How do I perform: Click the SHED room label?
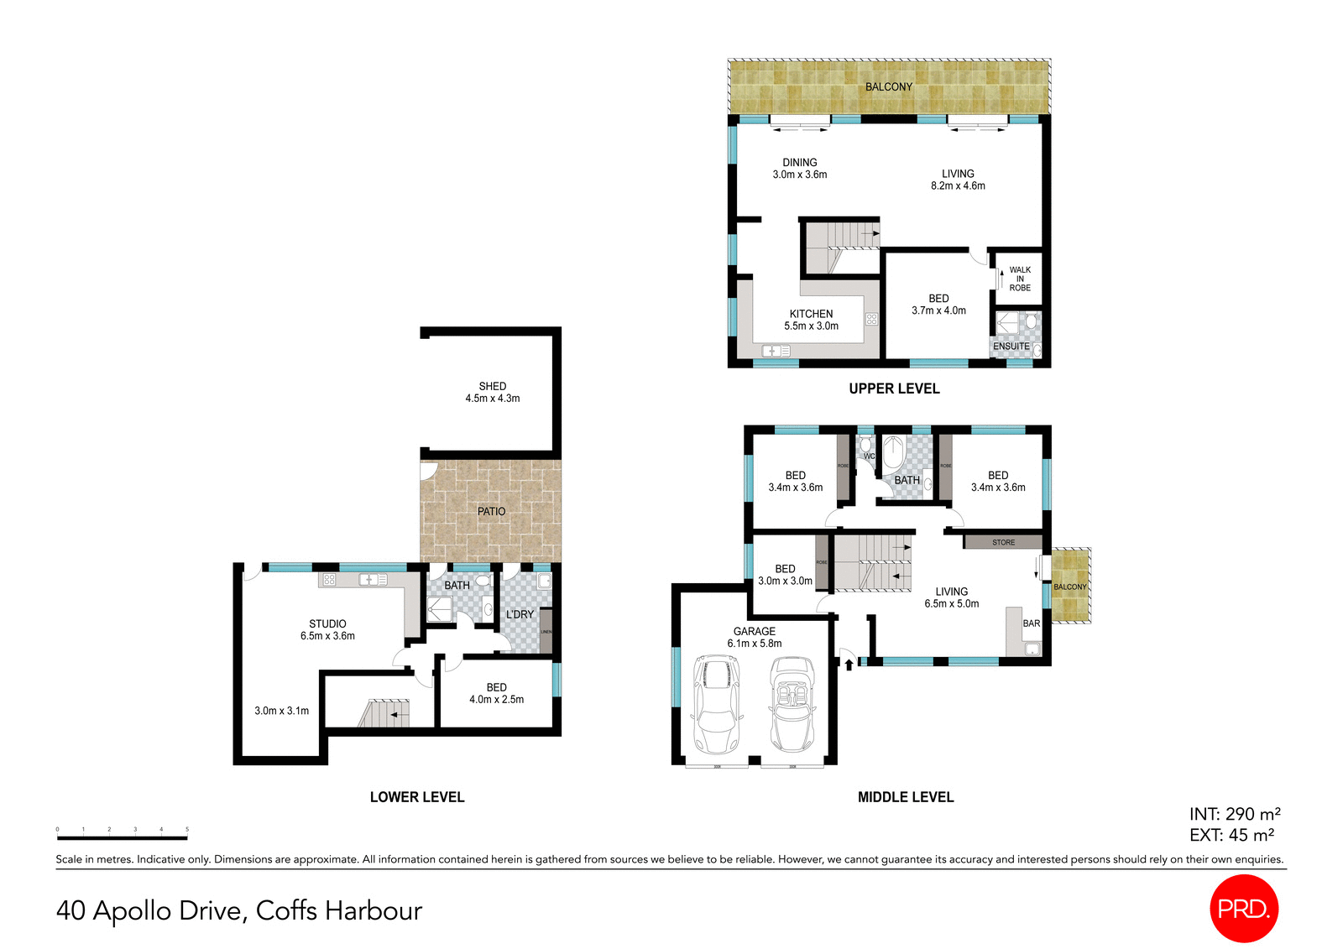(x=493, y=386)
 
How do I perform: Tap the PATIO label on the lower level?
(x=491, y=511)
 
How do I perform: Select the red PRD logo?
(x=1243, y=908)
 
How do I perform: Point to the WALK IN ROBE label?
(x=1020, y=279)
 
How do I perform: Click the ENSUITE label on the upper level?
(x=1011, y=346)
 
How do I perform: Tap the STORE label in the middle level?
(x=1003, y=543)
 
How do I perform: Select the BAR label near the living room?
(x=1031, y=623)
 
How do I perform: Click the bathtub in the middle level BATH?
(x=892, y=455)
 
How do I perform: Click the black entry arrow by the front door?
(x=849, y=665)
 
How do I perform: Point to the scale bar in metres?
(x=122, y=837)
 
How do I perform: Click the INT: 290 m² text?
(x=1234, y=814)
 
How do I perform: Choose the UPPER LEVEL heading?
(x=894, y=388)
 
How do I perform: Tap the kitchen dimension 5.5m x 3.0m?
(x=811, y=326)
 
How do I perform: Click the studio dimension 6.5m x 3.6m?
(x=327, y=636)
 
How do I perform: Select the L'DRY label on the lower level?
(x=520, y=614)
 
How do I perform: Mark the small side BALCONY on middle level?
(x=1070, y=587)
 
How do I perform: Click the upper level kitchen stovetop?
(x=871, y=319)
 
